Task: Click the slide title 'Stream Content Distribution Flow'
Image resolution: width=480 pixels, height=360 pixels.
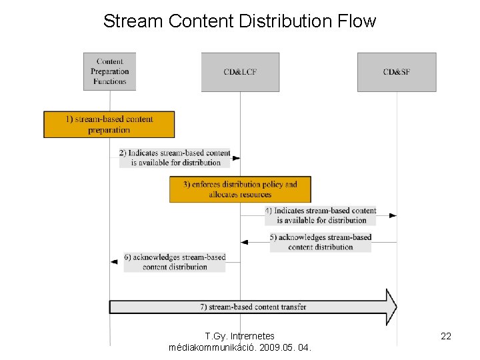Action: pos(239,21)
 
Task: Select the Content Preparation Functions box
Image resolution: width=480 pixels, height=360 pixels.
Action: pos(109,71)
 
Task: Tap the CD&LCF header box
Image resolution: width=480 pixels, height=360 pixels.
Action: pos(240,71)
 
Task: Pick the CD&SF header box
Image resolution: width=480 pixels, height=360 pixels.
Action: pos(397,71)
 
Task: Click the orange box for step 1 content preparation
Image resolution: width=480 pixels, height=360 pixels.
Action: pos(109,125)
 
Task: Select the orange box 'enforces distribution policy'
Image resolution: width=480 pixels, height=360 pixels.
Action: pos(240,189)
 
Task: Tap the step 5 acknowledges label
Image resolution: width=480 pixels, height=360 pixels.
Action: pos(321,242)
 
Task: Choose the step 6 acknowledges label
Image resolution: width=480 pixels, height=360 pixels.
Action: pos(175,262)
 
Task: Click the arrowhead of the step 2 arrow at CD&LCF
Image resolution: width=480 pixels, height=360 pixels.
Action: pos(236,158)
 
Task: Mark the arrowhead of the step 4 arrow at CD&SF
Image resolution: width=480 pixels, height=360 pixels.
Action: pos(393,215)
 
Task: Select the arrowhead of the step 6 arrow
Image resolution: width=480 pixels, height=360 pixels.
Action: pos(114,262)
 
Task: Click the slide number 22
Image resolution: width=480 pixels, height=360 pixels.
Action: pos(446,337)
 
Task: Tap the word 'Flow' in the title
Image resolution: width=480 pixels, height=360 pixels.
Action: pos(357,21)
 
